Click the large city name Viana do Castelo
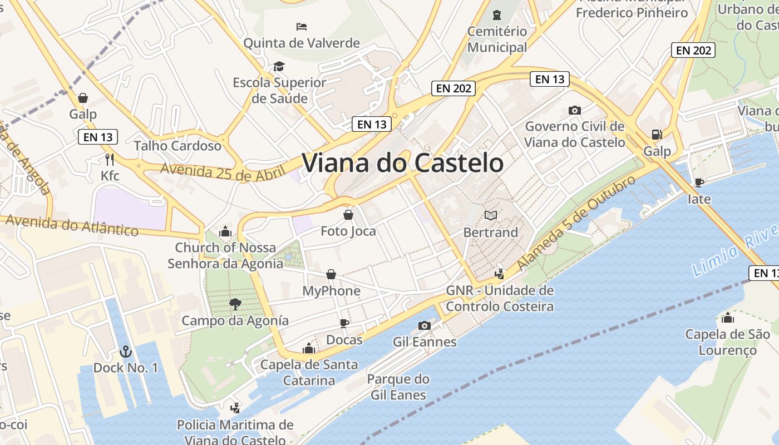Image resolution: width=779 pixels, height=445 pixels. click(403, 163)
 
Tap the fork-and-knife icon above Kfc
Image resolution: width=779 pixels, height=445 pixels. click(110, 160)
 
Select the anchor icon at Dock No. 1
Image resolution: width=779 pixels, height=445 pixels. click(126, 352)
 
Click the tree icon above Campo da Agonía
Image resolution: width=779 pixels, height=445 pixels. click(235, 304)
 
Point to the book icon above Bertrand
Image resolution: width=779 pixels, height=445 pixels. click(491, 215)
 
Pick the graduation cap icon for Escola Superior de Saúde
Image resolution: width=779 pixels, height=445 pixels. click(279, 67)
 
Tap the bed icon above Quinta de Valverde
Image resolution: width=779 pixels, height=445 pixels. click(302, 27)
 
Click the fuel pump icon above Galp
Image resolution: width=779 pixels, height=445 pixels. click(657, 135)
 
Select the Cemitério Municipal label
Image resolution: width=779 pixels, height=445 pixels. click(497, 39)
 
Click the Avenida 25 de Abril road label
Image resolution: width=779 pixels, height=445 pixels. click(223, 172)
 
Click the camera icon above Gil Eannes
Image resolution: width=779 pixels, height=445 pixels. click(425, 325)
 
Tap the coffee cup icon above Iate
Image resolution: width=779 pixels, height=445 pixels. click(699, 182)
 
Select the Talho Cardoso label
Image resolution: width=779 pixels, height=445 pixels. click(178, 146)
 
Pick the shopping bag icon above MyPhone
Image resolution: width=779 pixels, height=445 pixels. click(331, 274)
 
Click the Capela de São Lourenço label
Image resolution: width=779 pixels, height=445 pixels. click(728, 342)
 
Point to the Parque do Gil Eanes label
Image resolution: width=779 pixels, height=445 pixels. click(398, 387)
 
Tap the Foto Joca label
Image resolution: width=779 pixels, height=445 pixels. click(348, 231)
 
